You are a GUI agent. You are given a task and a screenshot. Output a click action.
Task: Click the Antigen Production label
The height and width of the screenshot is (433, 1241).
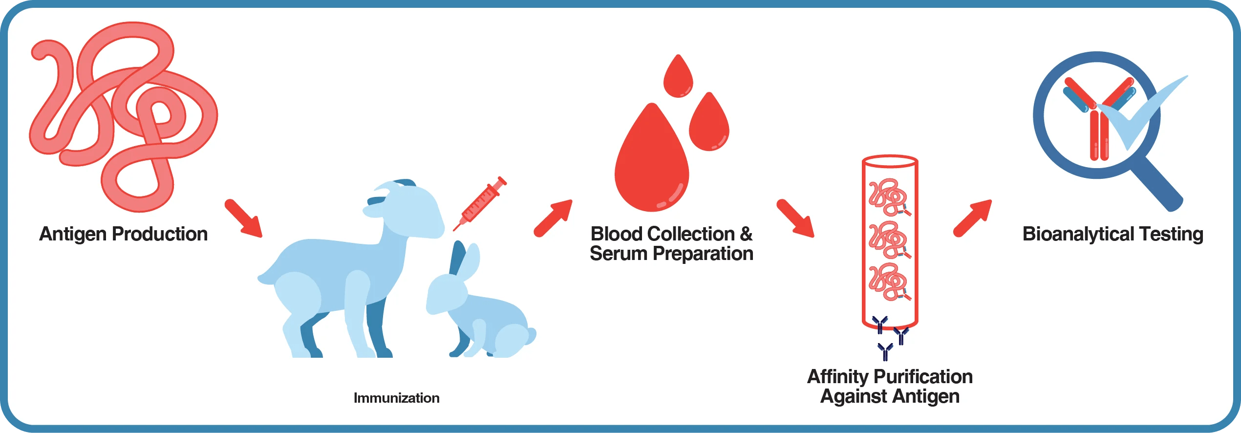point(123,234)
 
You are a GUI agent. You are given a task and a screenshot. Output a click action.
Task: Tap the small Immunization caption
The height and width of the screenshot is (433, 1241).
point(396,398)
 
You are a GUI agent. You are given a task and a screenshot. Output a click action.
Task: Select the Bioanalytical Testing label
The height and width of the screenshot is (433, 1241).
point(1113,234)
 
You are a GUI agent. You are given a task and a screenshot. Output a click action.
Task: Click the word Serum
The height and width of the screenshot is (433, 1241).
point(618,254)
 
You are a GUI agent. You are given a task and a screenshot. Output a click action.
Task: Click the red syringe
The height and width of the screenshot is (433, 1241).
point(480,203)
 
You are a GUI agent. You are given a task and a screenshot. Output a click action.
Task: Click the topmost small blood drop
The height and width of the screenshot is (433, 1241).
point(678,77)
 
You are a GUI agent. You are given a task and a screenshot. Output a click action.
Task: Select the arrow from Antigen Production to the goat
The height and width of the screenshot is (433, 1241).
point(243,218)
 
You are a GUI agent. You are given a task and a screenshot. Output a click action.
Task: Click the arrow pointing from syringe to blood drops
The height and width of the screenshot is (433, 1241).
point(553,218)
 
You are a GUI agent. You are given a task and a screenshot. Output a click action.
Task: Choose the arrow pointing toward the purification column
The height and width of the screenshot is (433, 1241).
point(795,218)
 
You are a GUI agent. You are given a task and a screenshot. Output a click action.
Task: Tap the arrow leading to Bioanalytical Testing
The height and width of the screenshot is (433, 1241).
point(973,218)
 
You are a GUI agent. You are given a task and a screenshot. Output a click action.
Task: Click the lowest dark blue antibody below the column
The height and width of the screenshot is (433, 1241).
point(885,351)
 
